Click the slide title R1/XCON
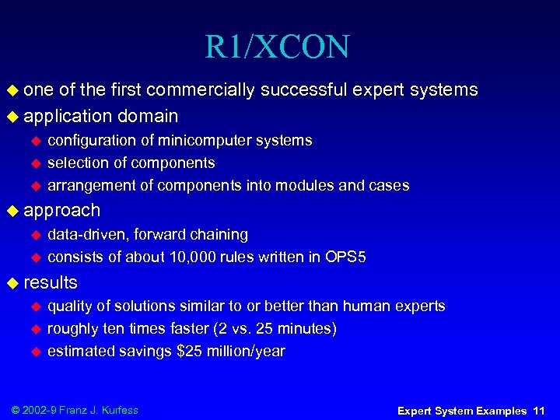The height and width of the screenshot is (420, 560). coord(277,47)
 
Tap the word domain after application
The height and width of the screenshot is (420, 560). coord(148,117)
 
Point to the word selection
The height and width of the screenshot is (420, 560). coord(75,163)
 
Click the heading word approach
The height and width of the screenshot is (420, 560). coord(62,210)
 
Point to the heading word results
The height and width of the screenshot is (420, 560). coord(51,282)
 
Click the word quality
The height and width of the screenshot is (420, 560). coord(68,306)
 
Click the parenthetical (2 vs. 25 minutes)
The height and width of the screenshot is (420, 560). coord(267,329)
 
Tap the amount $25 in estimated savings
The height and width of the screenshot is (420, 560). coord(187,352)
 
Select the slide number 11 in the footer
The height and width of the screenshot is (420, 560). coord(540,410)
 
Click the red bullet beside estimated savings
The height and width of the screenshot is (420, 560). coord(34,352)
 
